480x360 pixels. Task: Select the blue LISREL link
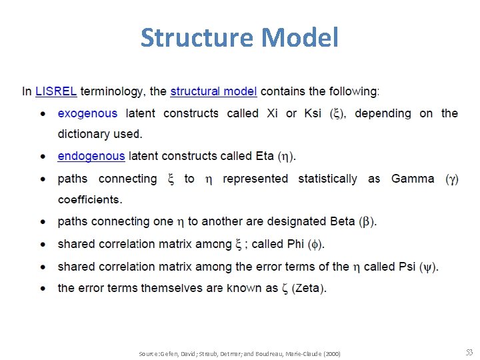[56, 91]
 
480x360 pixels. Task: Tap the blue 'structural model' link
[213, 91]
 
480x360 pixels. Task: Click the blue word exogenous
[87, 113]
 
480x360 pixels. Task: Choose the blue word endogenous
[91, 156]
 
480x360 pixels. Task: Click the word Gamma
[413, 179]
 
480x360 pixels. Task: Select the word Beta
[343, 221]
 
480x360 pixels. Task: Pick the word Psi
[407, 266]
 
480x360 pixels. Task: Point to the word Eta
[265, 156]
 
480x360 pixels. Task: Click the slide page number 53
[469, 352]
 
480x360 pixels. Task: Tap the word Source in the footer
[148, 353]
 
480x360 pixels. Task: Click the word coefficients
[89, 199]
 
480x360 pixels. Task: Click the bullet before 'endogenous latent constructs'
[43, 157]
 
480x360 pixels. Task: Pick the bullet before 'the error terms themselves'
[43, 289]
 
